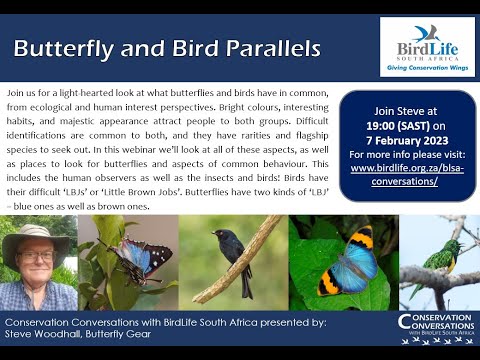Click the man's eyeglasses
(38, 256)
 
